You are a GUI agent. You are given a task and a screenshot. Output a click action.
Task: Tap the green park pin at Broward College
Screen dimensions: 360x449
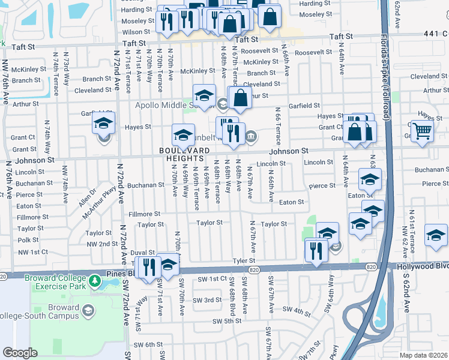[94, 281]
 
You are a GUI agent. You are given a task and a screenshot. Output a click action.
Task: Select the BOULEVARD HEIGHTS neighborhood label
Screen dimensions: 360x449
[185, 155]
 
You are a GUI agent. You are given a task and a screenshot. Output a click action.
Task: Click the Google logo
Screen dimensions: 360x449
[20, 353]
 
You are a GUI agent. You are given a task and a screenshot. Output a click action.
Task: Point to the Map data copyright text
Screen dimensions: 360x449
[423, 355]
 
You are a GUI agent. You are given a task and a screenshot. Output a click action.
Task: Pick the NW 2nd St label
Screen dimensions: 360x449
[102, 244]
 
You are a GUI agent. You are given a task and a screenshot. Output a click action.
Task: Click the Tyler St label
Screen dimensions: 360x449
[244, 261]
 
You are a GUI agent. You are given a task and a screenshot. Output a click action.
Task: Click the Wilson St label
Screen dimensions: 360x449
[136, 32]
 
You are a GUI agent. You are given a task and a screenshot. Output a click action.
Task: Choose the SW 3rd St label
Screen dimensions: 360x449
[208, 300]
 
